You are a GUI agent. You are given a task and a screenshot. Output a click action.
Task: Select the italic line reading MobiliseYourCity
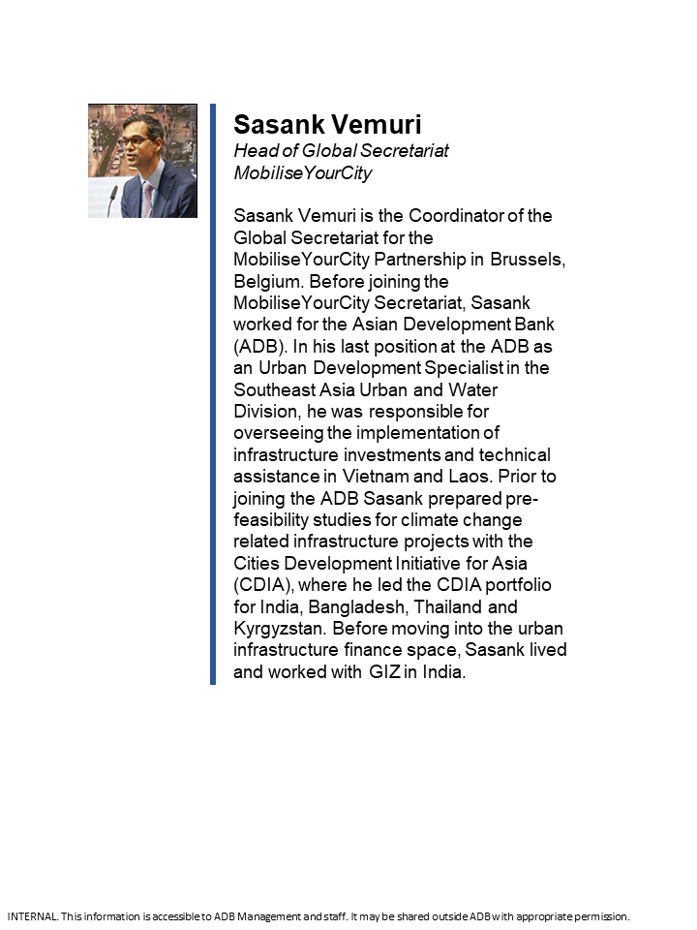click(x=303, y=173)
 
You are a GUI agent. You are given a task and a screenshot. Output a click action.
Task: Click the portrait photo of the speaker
click(x=142, y=161)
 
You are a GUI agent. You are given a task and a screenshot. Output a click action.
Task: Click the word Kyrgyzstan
click(x=279, y=629)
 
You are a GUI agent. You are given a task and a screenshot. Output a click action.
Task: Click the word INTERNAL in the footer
click(x=32, y=916)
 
